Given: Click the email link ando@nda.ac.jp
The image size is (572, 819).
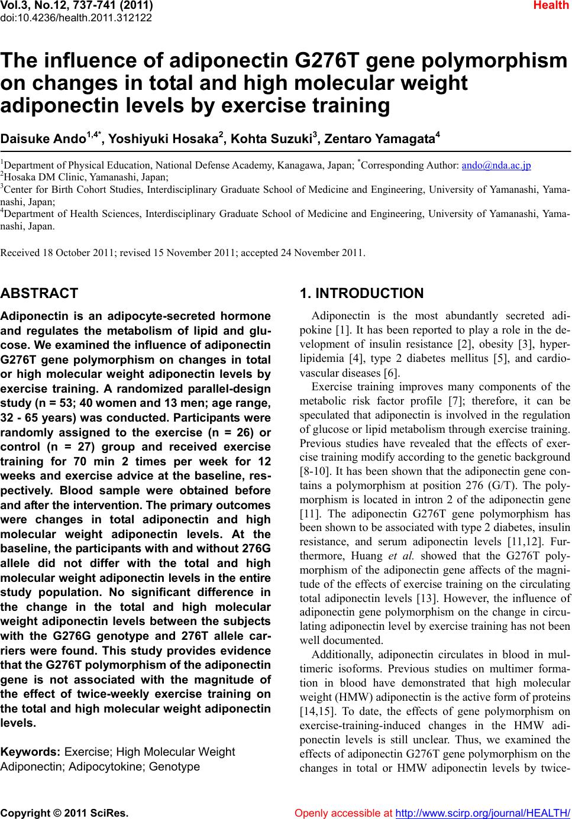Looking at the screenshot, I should [496, 165].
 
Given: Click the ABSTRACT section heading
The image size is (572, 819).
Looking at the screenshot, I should [40, 293].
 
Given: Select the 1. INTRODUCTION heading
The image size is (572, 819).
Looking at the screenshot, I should [362, 293].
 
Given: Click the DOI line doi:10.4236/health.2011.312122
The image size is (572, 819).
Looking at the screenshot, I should [76, 17].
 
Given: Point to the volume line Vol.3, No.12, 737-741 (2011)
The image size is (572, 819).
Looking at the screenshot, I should [76, 6].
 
